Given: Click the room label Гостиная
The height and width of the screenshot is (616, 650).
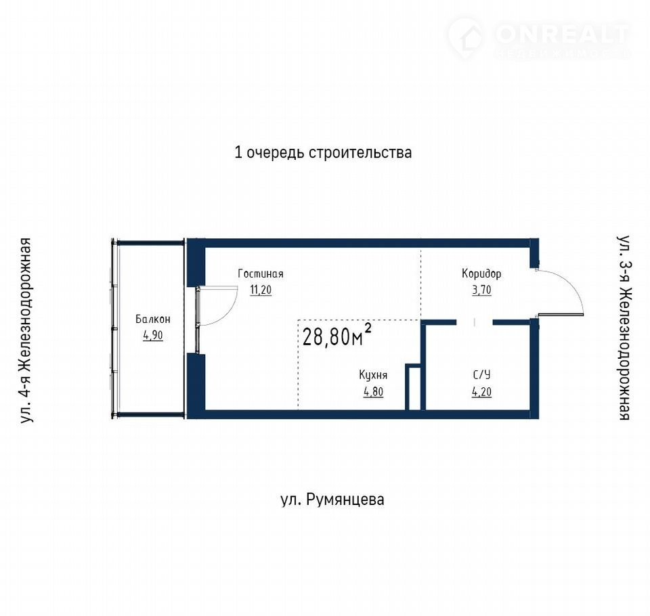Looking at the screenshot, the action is click(260, 274).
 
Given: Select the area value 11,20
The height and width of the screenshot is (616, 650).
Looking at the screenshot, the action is click(260, 290).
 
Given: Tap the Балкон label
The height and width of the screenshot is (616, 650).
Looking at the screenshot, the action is click(152, 320).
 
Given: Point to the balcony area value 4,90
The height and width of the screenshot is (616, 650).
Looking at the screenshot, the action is click(152, 335).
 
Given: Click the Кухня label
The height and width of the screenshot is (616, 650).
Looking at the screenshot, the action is click(373, 375).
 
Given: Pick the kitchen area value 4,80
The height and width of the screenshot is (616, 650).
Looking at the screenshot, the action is click(373, 392).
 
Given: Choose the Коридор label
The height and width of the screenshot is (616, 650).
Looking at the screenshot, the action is click(481, 274).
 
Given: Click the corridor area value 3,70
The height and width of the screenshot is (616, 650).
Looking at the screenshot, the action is click(481, 290).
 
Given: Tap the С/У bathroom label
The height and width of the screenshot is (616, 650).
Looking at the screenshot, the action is click(481, 375).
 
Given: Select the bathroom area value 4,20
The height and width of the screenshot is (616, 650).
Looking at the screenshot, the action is click(481, 392).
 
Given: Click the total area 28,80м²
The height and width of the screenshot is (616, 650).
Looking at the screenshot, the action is click(337, 335).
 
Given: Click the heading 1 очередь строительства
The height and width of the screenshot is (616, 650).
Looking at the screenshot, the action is click(323, 152).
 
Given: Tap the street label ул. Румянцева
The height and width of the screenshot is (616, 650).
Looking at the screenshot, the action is click(332, 500).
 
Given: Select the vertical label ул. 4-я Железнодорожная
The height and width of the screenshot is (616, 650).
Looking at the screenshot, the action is click(26, 330).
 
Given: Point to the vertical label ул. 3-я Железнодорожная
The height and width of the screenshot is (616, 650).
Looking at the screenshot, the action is click(624, 328).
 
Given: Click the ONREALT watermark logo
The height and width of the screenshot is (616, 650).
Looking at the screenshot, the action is click(538, 37).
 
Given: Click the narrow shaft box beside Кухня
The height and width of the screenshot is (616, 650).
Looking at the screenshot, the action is click(413, 387).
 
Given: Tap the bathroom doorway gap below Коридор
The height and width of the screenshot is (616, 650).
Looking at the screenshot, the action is click(475, 322).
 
